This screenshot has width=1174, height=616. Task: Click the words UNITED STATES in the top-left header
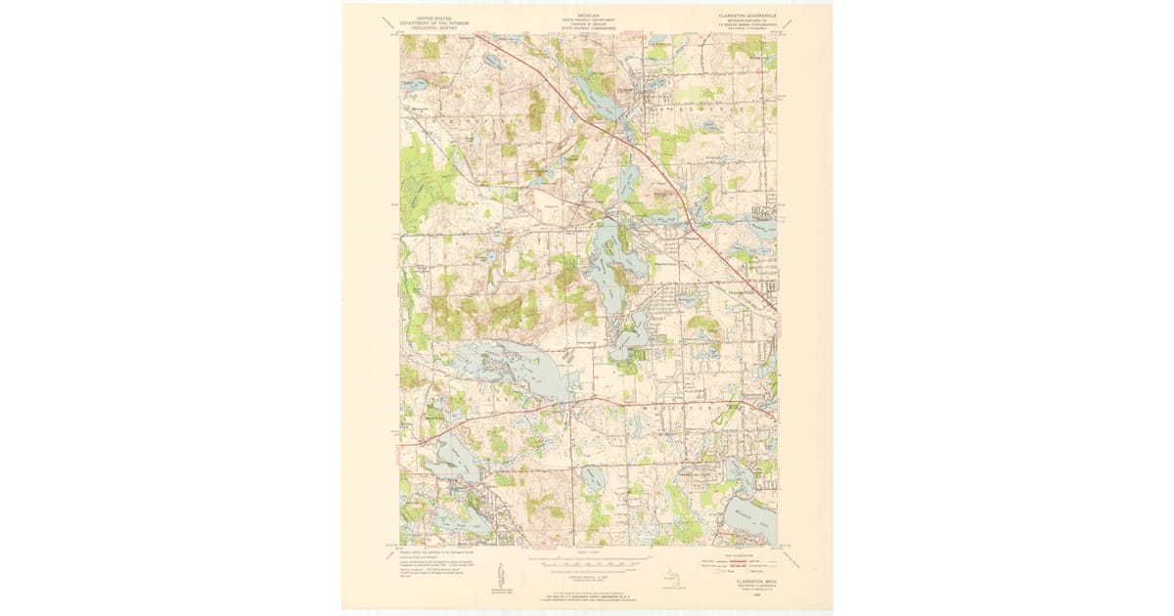pos(435,18)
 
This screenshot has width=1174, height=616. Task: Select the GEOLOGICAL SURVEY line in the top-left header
pos(435,28)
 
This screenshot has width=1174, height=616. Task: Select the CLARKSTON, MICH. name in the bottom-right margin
pos(745,580)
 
